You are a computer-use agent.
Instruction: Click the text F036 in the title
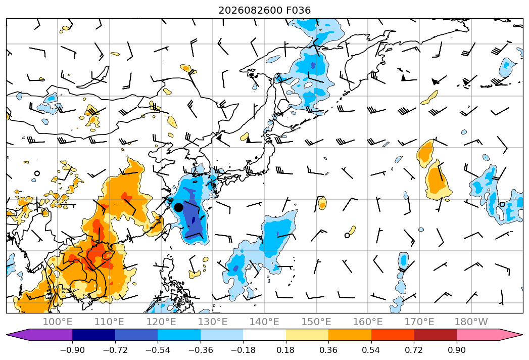pos(298,10)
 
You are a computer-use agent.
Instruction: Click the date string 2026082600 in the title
pos(250,10)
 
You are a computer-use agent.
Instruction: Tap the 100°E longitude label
pos(58,322)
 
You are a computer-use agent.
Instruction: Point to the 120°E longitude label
pos(161,322)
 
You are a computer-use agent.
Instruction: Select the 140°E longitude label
pos(264,322)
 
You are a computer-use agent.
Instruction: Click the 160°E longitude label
pos(368,322)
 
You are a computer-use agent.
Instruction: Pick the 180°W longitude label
pos(471,322)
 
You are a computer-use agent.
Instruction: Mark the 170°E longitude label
pos(419,322)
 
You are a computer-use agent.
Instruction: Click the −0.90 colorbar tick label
pos(72,350)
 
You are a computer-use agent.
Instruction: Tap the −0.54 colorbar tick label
pos(158,350)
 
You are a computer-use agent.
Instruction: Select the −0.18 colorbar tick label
pos(243,350)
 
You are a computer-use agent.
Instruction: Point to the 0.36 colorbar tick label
pos(328,350)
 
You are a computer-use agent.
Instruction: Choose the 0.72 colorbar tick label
pos(414,350)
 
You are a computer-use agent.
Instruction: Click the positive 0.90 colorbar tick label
pos(456,350)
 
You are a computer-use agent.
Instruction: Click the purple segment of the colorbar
pos(39,335)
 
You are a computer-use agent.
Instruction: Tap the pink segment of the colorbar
pos(489,335)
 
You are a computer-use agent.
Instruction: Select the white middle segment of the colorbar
pos(264,335)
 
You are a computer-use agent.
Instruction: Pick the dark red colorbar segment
pos(435,335)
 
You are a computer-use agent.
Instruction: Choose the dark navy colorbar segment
pos(93,335)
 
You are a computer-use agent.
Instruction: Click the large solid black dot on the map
pos(178,207)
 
